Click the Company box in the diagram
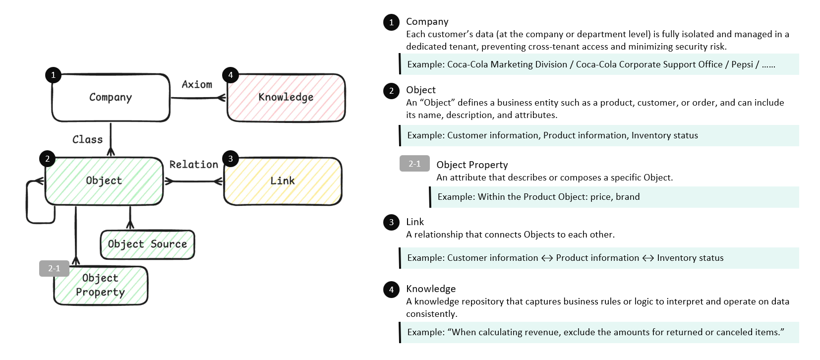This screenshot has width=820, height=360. point(111,98)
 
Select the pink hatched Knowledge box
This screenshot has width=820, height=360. point(286,98)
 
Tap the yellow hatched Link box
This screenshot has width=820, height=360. point(283,181)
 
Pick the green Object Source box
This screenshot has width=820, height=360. point(147,244)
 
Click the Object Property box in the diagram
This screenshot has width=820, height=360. point(101,286)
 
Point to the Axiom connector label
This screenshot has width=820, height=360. point(197,85)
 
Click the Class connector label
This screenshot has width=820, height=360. point(87,140)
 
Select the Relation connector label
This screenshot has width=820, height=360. point(193,165)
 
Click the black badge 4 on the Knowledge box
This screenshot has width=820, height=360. point(231,75)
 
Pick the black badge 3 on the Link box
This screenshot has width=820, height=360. point(231,159)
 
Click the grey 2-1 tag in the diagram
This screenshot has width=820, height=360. point(54,268)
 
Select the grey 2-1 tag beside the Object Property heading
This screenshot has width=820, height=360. point(414,164)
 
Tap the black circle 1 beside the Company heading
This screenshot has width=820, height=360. point(391,22)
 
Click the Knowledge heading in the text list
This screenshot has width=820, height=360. point(431,289)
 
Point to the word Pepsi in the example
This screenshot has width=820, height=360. point(742,64)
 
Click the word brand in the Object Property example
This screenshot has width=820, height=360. point(628,197)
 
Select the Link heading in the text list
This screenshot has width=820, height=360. point(415,222)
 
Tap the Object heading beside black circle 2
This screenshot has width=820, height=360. point(421,90)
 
